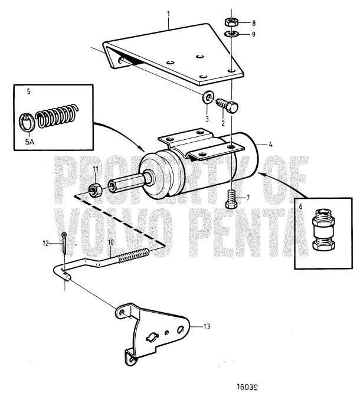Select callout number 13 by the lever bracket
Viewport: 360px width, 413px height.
pyautogui.click(x=207, y=326)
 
